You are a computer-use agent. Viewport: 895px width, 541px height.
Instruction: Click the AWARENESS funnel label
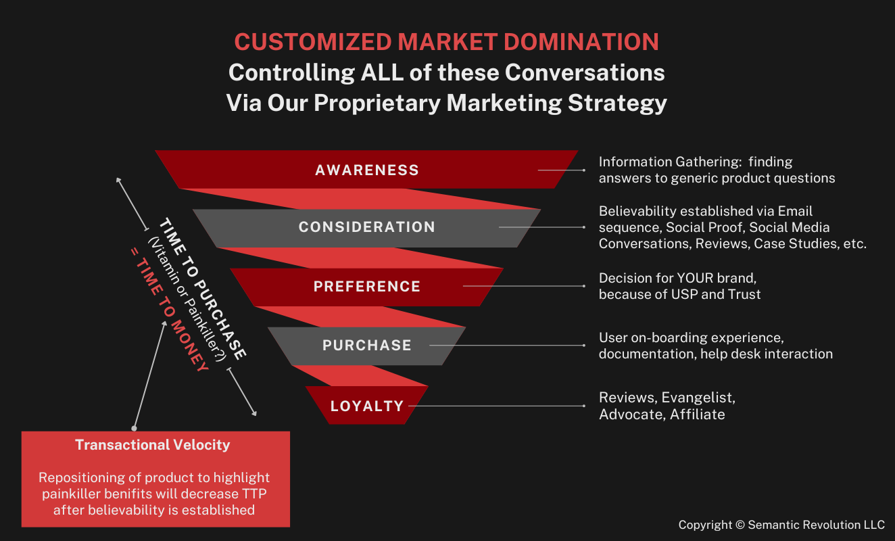[367, 170]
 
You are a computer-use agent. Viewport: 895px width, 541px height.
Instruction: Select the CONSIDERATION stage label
[367, 227]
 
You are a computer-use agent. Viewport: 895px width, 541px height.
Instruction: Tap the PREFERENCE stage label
[367, 287]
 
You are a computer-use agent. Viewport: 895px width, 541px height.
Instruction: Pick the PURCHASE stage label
[367, 346]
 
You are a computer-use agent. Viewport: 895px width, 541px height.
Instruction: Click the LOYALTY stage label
[367, 406]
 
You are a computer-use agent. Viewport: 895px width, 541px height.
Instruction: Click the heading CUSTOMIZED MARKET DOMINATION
[446, 42]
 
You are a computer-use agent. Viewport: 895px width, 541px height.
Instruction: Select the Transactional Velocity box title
[153, 445]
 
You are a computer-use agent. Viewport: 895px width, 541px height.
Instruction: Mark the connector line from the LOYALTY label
[497, 406]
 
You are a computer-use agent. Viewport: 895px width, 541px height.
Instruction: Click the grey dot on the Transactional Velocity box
[134, 428]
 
